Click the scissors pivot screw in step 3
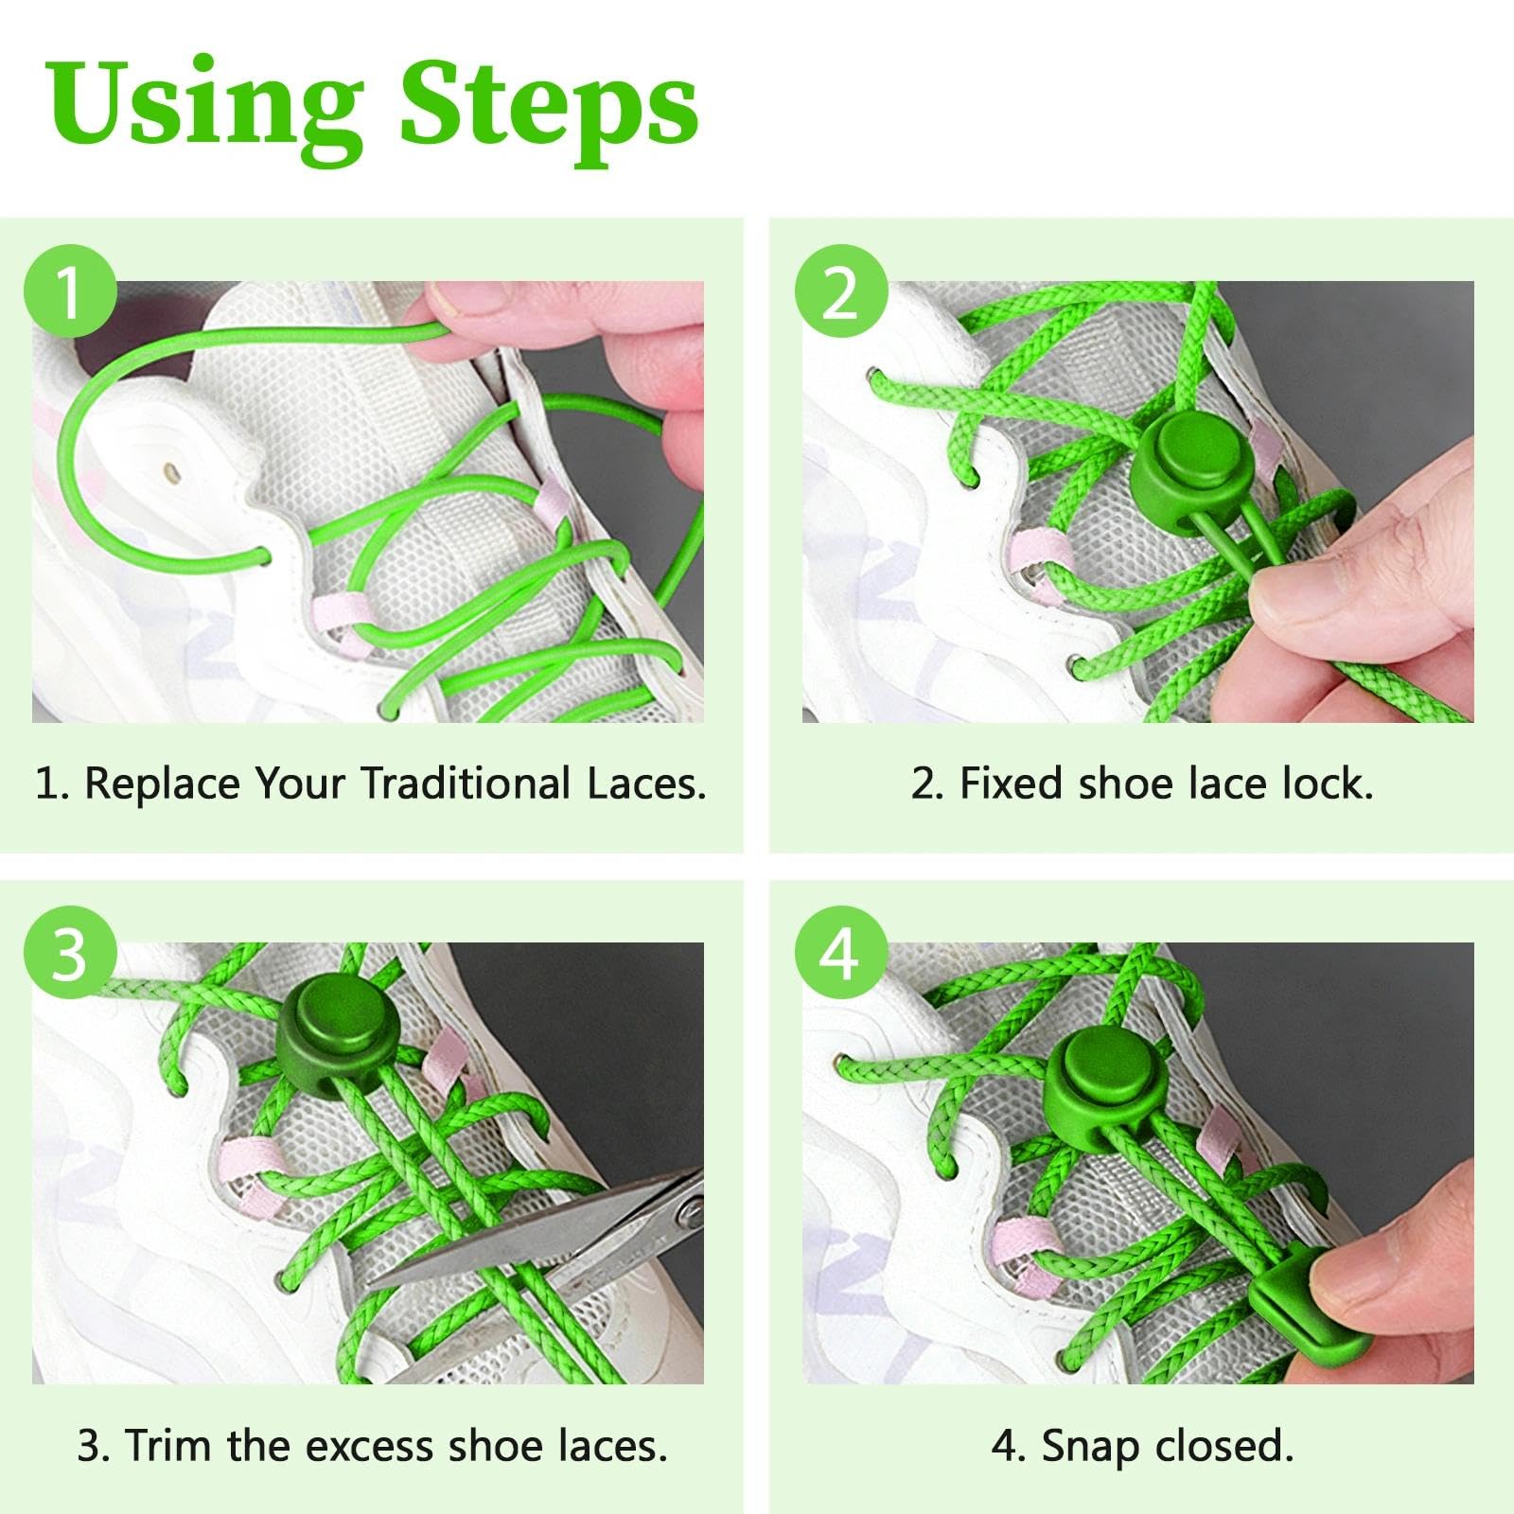[x=690, y=1212]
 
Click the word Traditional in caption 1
[x=466, y=784]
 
